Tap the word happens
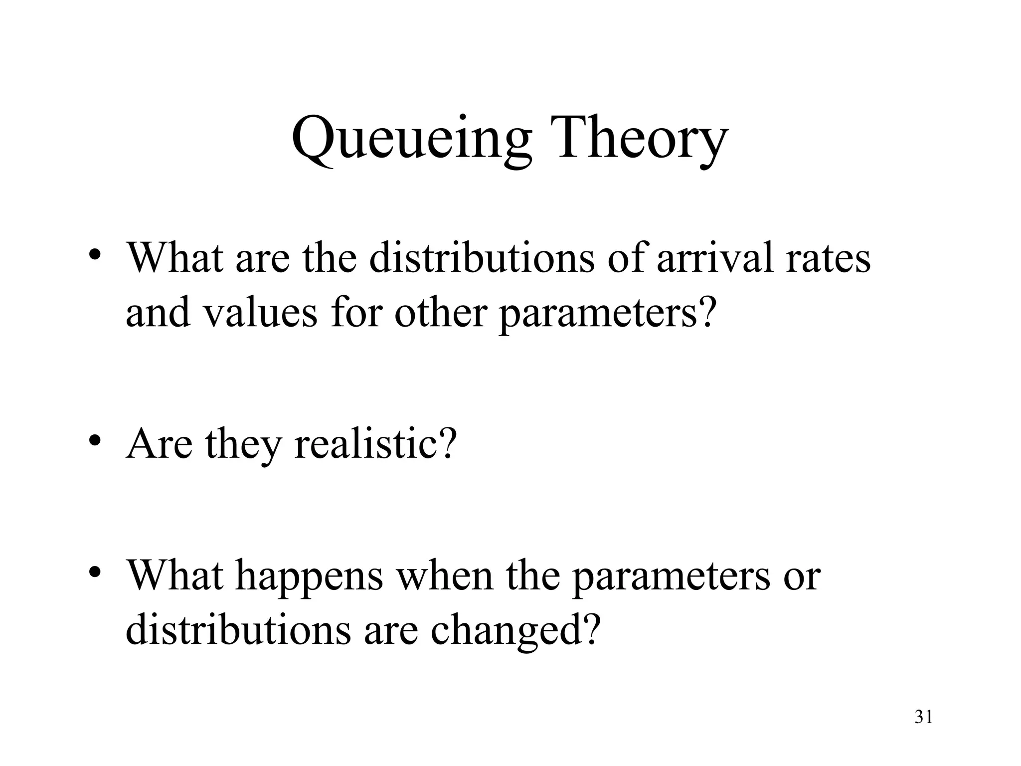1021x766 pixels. pyautogui.click(x=309, y=576)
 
